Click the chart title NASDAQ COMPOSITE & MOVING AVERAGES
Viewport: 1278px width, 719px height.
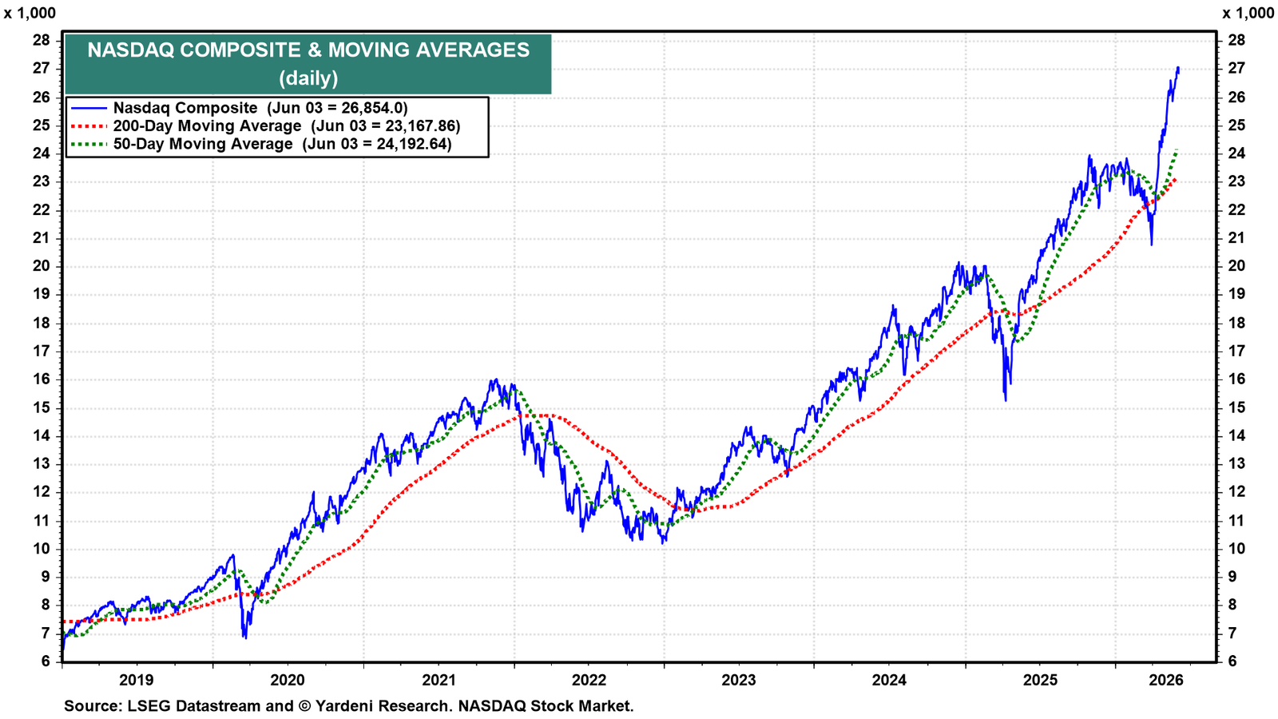[308, 50]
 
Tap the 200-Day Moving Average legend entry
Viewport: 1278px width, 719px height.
[264, 125]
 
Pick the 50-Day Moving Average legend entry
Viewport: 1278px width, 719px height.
[260, 143]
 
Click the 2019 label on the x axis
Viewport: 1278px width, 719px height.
[137, 680]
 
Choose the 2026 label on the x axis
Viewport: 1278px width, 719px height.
[1166, 680]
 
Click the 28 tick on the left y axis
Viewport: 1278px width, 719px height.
[42, 41]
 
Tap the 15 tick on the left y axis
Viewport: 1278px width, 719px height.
[42, 407]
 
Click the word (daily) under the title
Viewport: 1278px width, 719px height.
[308, 77]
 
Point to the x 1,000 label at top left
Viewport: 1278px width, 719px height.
[30, 13]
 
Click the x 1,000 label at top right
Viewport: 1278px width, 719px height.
[1248, 13]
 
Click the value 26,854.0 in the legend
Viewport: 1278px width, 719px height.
[367, 108]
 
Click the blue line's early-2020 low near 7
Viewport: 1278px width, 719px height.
[245, 638]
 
